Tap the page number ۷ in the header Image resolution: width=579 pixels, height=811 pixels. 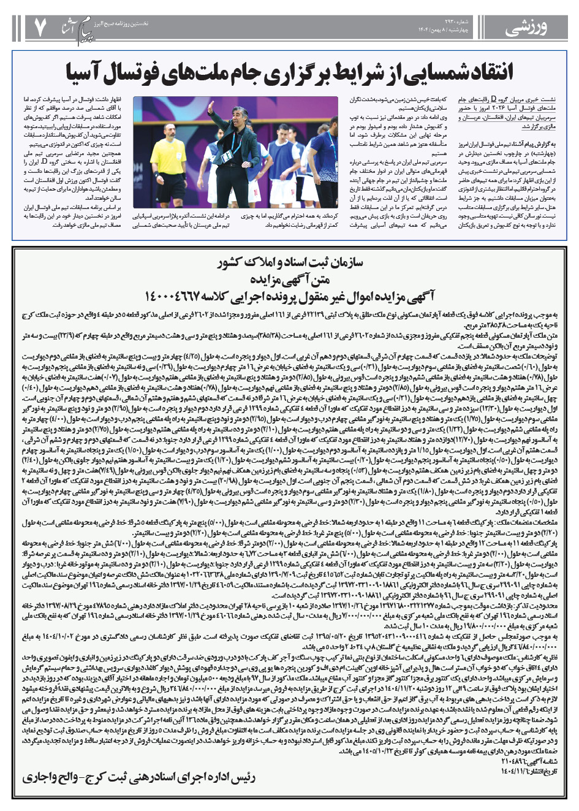click(40, 26)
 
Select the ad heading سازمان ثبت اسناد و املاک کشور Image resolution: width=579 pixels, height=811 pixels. click(290, 265)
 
